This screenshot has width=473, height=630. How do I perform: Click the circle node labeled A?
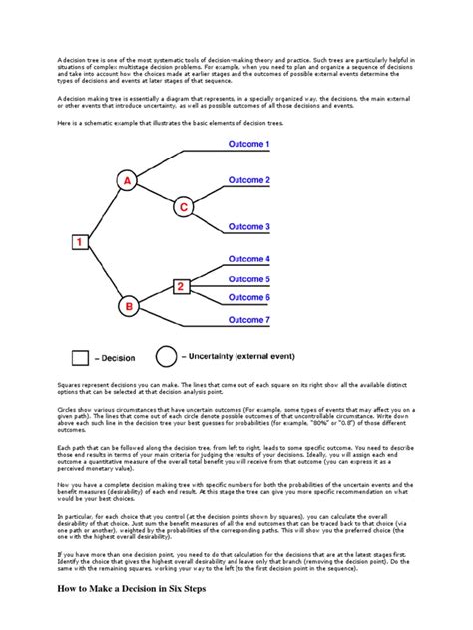(127, 181)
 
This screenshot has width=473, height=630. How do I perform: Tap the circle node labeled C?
(183, 207)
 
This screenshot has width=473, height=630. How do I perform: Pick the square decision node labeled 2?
(182, 288)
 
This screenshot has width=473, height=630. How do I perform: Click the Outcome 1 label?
(248, 144)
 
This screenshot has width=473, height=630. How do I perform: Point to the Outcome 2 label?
(248, 180)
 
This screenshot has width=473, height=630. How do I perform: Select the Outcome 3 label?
(248, 226)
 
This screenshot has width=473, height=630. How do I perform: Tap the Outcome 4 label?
(248, 259)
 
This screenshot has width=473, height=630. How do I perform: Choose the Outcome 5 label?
(248, 279)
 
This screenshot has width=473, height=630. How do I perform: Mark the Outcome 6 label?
(248, 297)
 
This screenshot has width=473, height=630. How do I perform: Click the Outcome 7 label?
(248, 319)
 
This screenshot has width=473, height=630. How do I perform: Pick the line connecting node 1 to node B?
(103, 274)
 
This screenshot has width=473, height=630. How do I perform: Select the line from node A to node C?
(155, 194)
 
